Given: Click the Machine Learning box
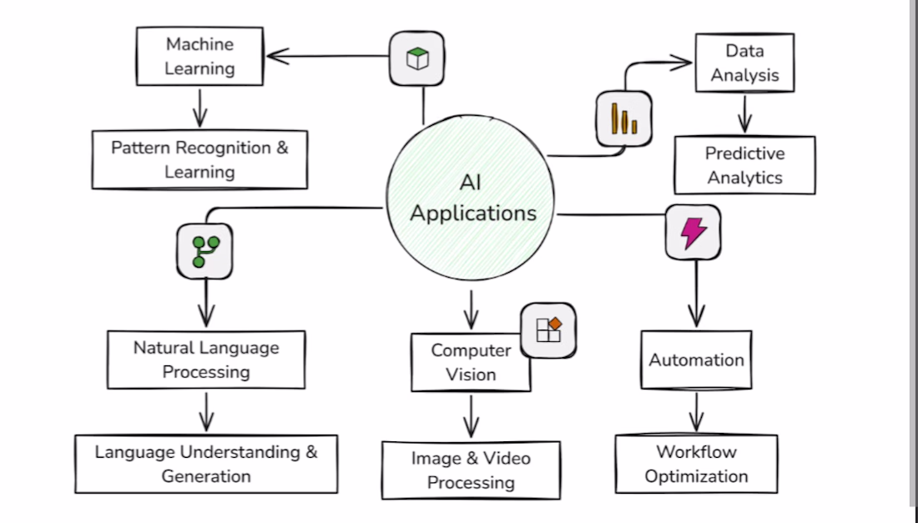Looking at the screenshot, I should point(199,56).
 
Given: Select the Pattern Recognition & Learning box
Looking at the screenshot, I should point(199,159).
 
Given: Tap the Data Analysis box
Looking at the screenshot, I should point(744,63).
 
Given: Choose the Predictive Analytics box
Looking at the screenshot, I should point(744,165).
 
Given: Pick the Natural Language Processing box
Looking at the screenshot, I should point(206,360).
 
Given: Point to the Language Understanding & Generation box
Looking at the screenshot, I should point(206,464).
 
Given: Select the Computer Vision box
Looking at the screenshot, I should point(471,362).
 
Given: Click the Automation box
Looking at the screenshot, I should point(696,360).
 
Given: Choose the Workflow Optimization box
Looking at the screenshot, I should point(696,464).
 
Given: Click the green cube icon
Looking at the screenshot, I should point(416,58).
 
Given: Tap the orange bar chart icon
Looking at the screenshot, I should point(623,118).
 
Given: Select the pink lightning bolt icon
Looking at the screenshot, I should point(694,233).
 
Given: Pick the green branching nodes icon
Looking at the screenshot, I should point(204,250).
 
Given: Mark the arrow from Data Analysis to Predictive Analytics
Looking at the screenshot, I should point(744,113).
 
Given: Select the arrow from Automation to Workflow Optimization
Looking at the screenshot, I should point(696,411).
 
